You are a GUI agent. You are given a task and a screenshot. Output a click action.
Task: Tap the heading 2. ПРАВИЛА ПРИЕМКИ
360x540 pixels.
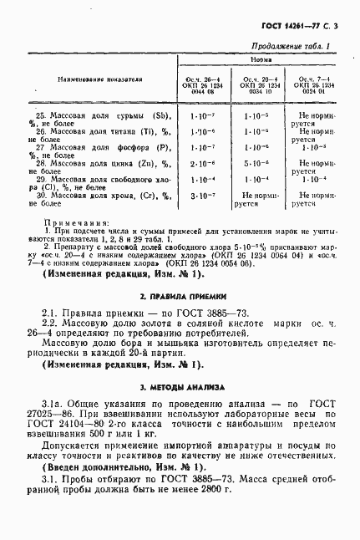(180, 294)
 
